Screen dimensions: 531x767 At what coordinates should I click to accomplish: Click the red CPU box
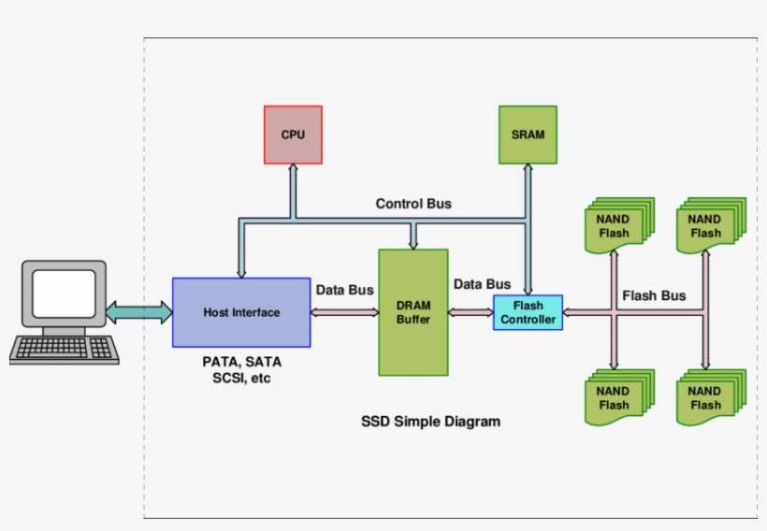pyautogui.click(x=293, y=135)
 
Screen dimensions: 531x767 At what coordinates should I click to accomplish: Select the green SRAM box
pyautogui.click(x=528, y=135)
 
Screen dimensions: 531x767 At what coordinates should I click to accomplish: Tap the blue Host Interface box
pyautogui.click(x=241, y=312)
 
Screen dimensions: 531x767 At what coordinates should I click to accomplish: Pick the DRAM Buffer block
pyautogui.click(x=412, y=312)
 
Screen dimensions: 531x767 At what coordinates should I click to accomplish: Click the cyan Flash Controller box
pyautogui.click(x=528, y=312)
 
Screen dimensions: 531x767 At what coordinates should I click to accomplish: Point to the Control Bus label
pyautogui.click(x=413, y=204)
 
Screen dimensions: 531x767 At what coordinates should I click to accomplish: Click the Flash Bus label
pyautogui.click(x=654, y=295)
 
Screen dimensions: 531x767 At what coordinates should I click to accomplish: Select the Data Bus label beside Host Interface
pyautogui.click(x=344, y=290)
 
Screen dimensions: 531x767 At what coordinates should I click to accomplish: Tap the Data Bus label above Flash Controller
pyautogui.click(x=482, y=284)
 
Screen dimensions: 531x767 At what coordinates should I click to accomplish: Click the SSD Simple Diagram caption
pyautogui.click(x=430, y=422)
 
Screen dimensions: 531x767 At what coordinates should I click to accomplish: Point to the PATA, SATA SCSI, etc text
pyautogui.click(x=241, y=370)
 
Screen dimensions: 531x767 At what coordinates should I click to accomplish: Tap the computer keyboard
pyautogui.click(x=65, y=350)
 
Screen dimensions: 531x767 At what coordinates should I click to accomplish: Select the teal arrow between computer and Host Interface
pyautogui.click(x=138, y=312)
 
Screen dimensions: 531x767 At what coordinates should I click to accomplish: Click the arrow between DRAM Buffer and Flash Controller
pyautogui.click(x=470, y=312)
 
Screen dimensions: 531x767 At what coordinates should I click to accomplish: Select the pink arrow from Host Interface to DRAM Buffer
pyautogui.click(x=344, y=312)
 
